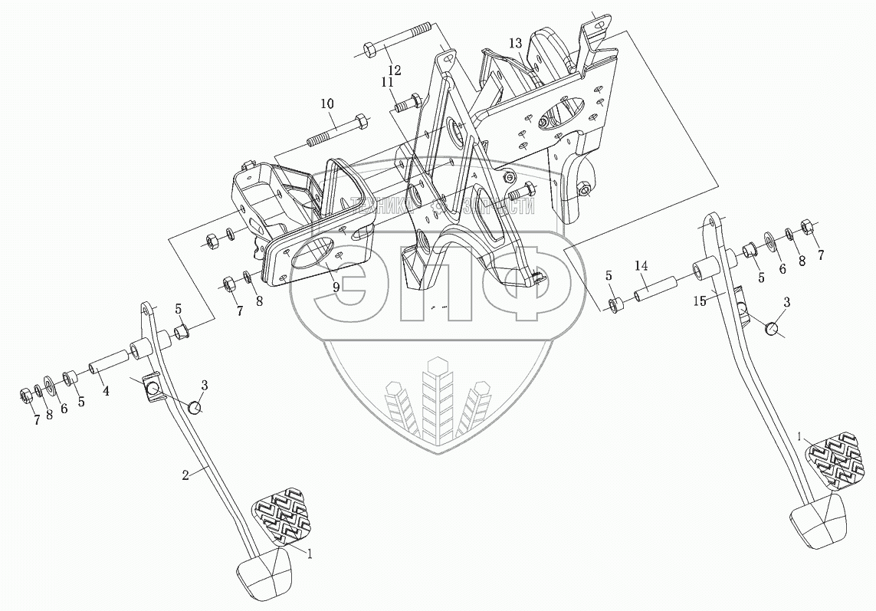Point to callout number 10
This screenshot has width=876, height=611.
point(327,103)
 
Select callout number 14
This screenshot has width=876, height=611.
point(641,265)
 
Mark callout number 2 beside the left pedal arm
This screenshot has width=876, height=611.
point(185,475)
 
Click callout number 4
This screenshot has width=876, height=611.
point(105,390)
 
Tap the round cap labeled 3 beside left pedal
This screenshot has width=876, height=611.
point(197,407)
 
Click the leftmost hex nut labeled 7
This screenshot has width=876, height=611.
point(24,395)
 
